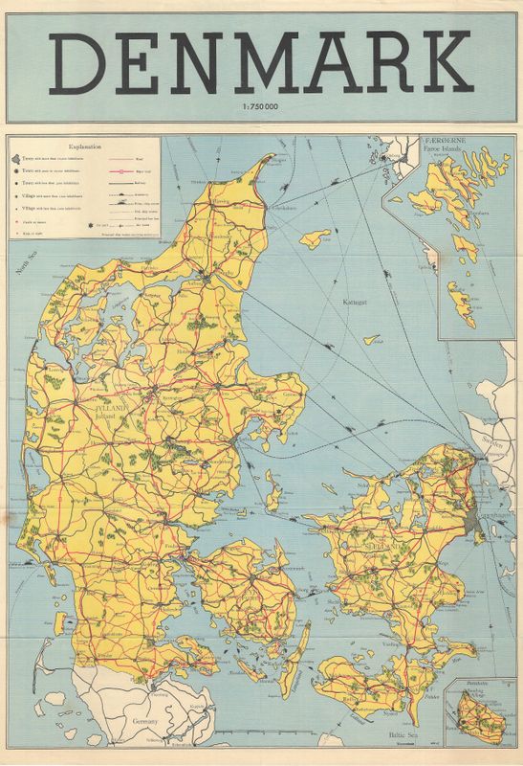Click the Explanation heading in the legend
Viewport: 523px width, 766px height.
[x=83, y=148]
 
